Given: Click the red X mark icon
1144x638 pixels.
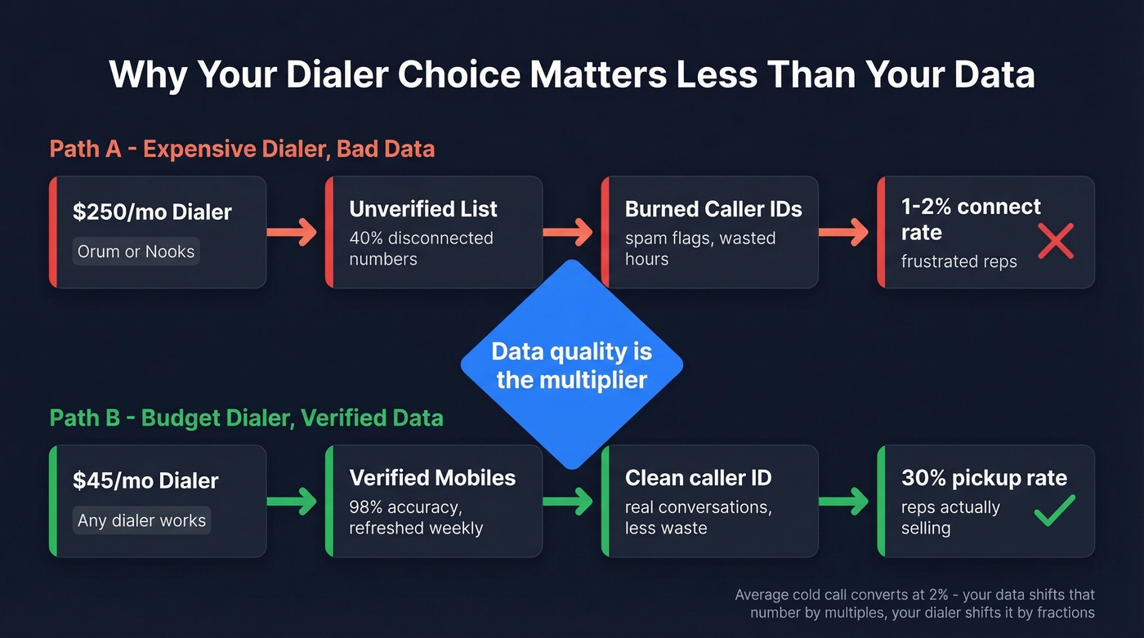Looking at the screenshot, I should click(1055, 243).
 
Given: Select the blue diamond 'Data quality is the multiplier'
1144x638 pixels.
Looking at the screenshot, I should click(571, 365).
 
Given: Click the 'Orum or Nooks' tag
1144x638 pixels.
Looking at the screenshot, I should click(136, 252).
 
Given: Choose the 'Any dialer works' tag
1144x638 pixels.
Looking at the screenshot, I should click(141, 520).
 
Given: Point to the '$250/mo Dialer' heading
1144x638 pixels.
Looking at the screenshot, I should click(152, 212).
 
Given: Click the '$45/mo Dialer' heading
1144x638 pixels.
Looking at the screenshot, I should click(145, 480).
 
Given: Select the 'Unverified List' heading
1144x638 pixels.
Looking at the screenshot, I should click(422, 209).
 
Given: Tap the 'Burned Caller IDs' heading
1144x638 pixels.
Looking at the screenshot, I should click(713, 209).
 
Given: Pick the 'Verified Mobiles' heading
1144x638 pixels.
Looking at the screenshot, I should click(432, 478).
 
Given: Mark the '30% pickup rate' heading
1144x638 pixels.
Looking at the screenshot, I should click(984, 478).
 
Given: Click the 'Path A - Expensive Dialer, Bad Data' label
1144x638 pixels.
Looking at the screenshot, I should click(242, 149).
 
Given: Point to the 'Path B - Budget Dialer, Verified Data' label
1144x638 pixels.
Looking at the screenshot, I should click(246, 418).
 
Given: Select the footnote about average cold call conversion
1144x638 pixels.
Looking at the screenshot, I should click(914, 604).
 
